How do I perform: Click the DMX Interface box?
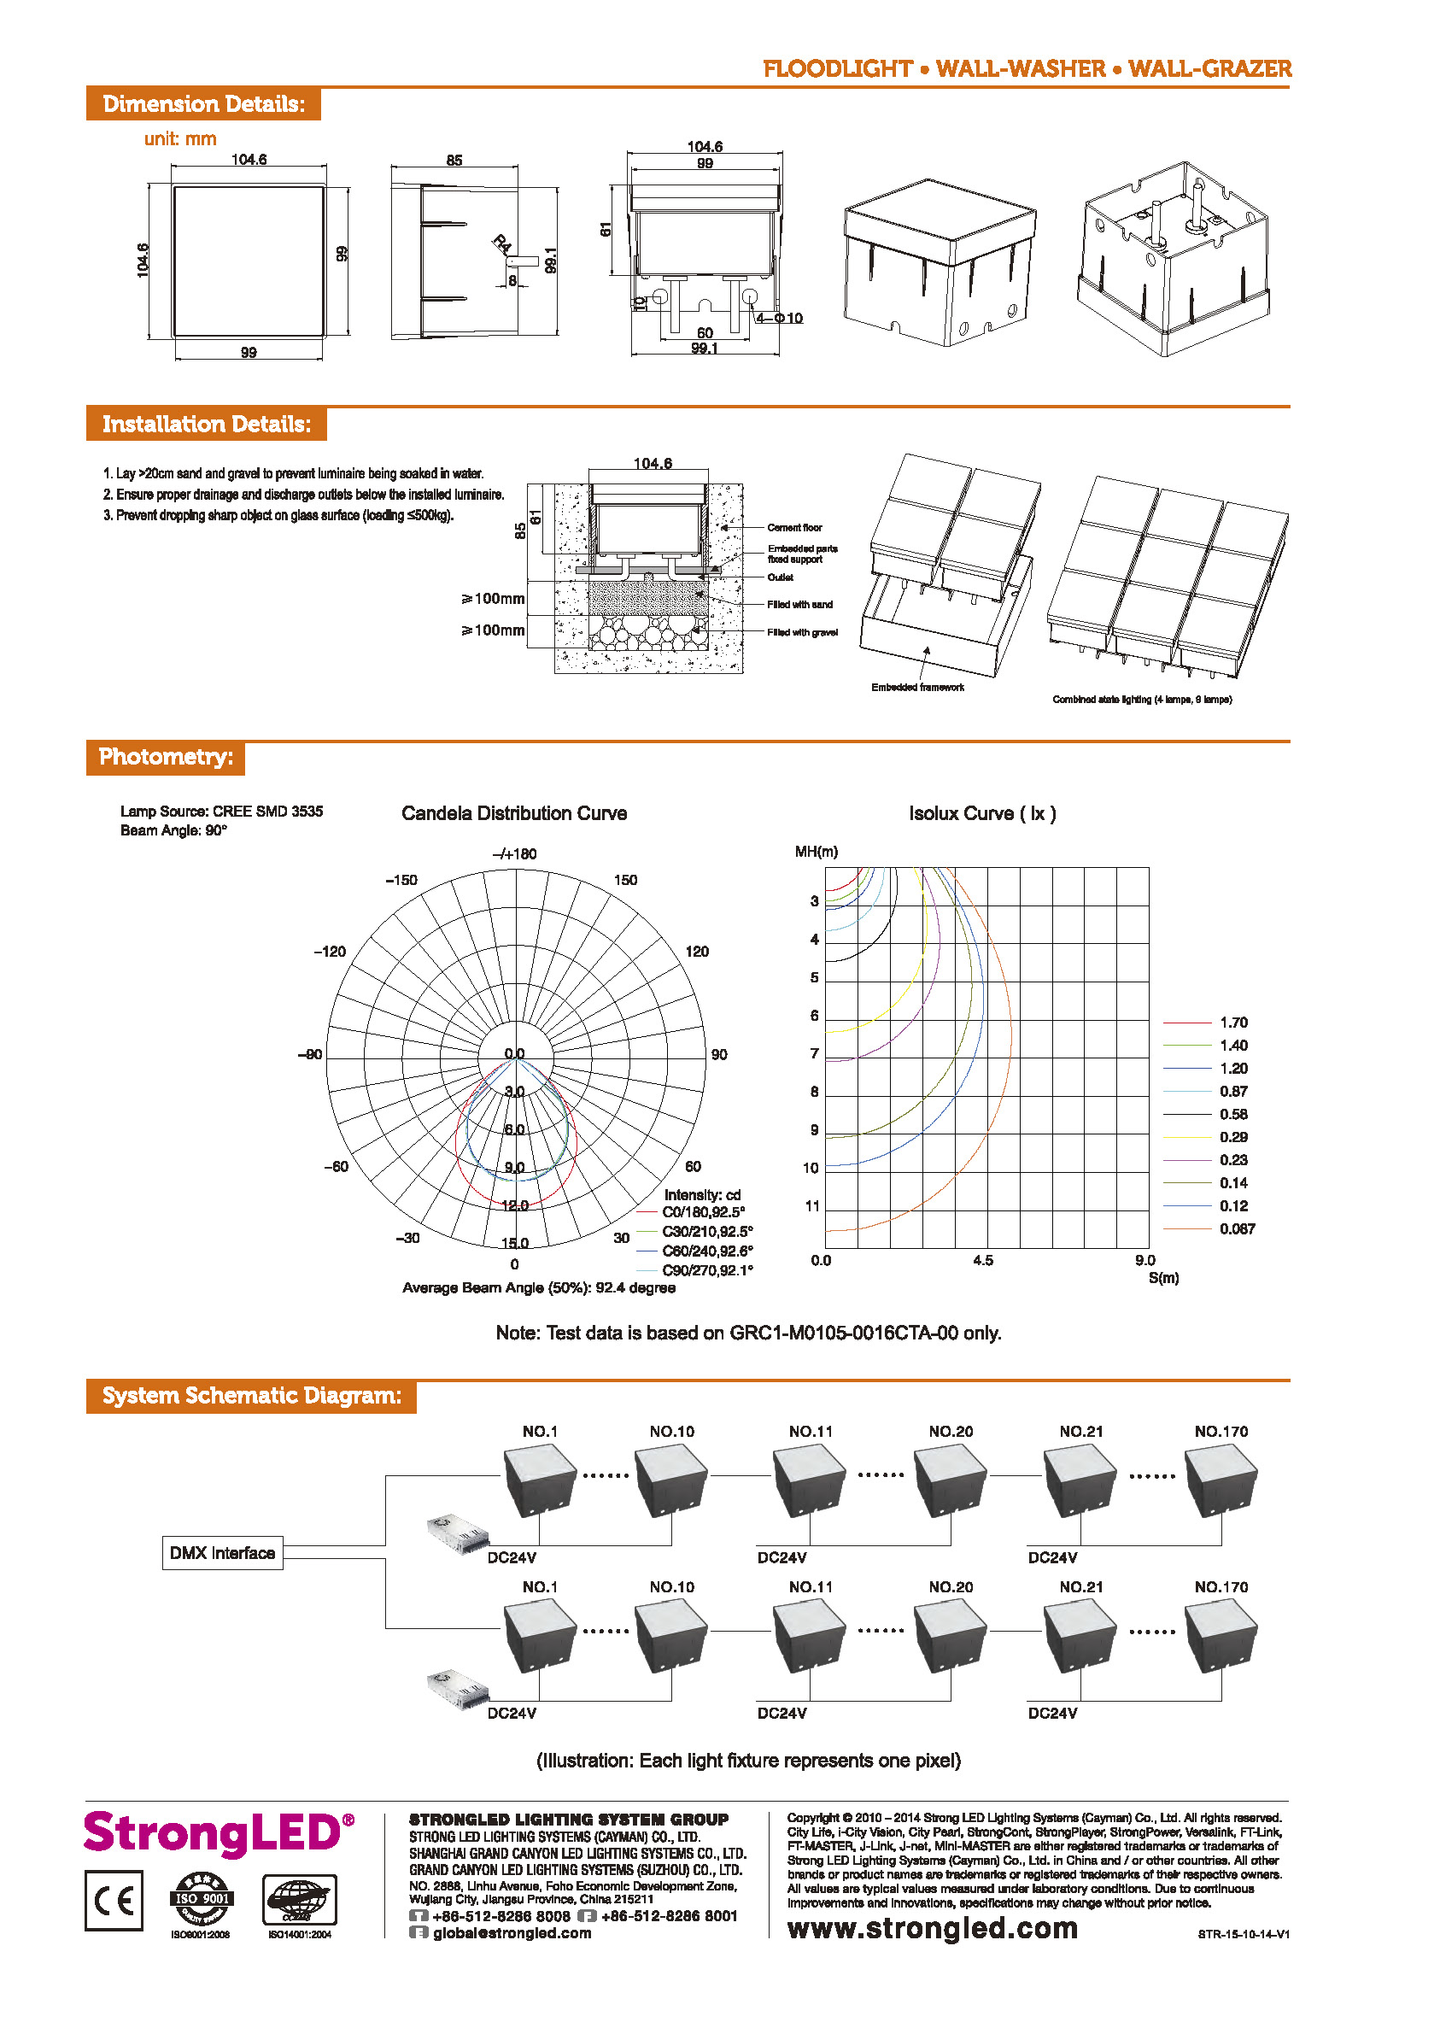coord(222,1552)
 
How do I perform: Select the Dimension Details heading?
coord(203,104)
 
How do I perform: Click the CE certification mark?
coord(114,1901)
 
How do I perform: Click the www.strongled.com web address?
coord(932,1927)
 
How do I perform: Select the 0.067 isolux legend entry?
coord(1237,1229)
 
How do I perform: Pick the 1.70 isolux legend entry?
coord(1233,1023)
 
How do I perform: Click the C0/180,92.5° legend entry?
coord(703,1212)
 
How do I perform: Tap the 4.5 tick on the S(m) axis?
coord(983,1260)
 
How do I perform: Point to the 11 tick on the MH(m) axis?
coord(812,1206)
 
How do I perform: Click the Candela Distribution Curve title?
coord(514,813)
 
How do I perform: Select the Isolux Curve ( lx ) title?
coord(982,813)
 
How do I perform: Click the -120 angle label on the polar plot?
coord(330,951)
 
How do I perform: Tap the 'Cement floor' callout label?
coord(794,527)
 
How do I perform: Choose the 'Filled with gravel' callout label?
coord(801,632)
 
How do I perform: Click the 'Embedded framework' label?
coord(917,687)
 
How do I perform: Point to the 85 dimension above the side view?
coord(454,161)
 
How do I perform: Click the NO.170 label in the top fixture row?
coord(1221,1431)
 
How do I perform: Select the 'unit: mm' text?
coord(180,139)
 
